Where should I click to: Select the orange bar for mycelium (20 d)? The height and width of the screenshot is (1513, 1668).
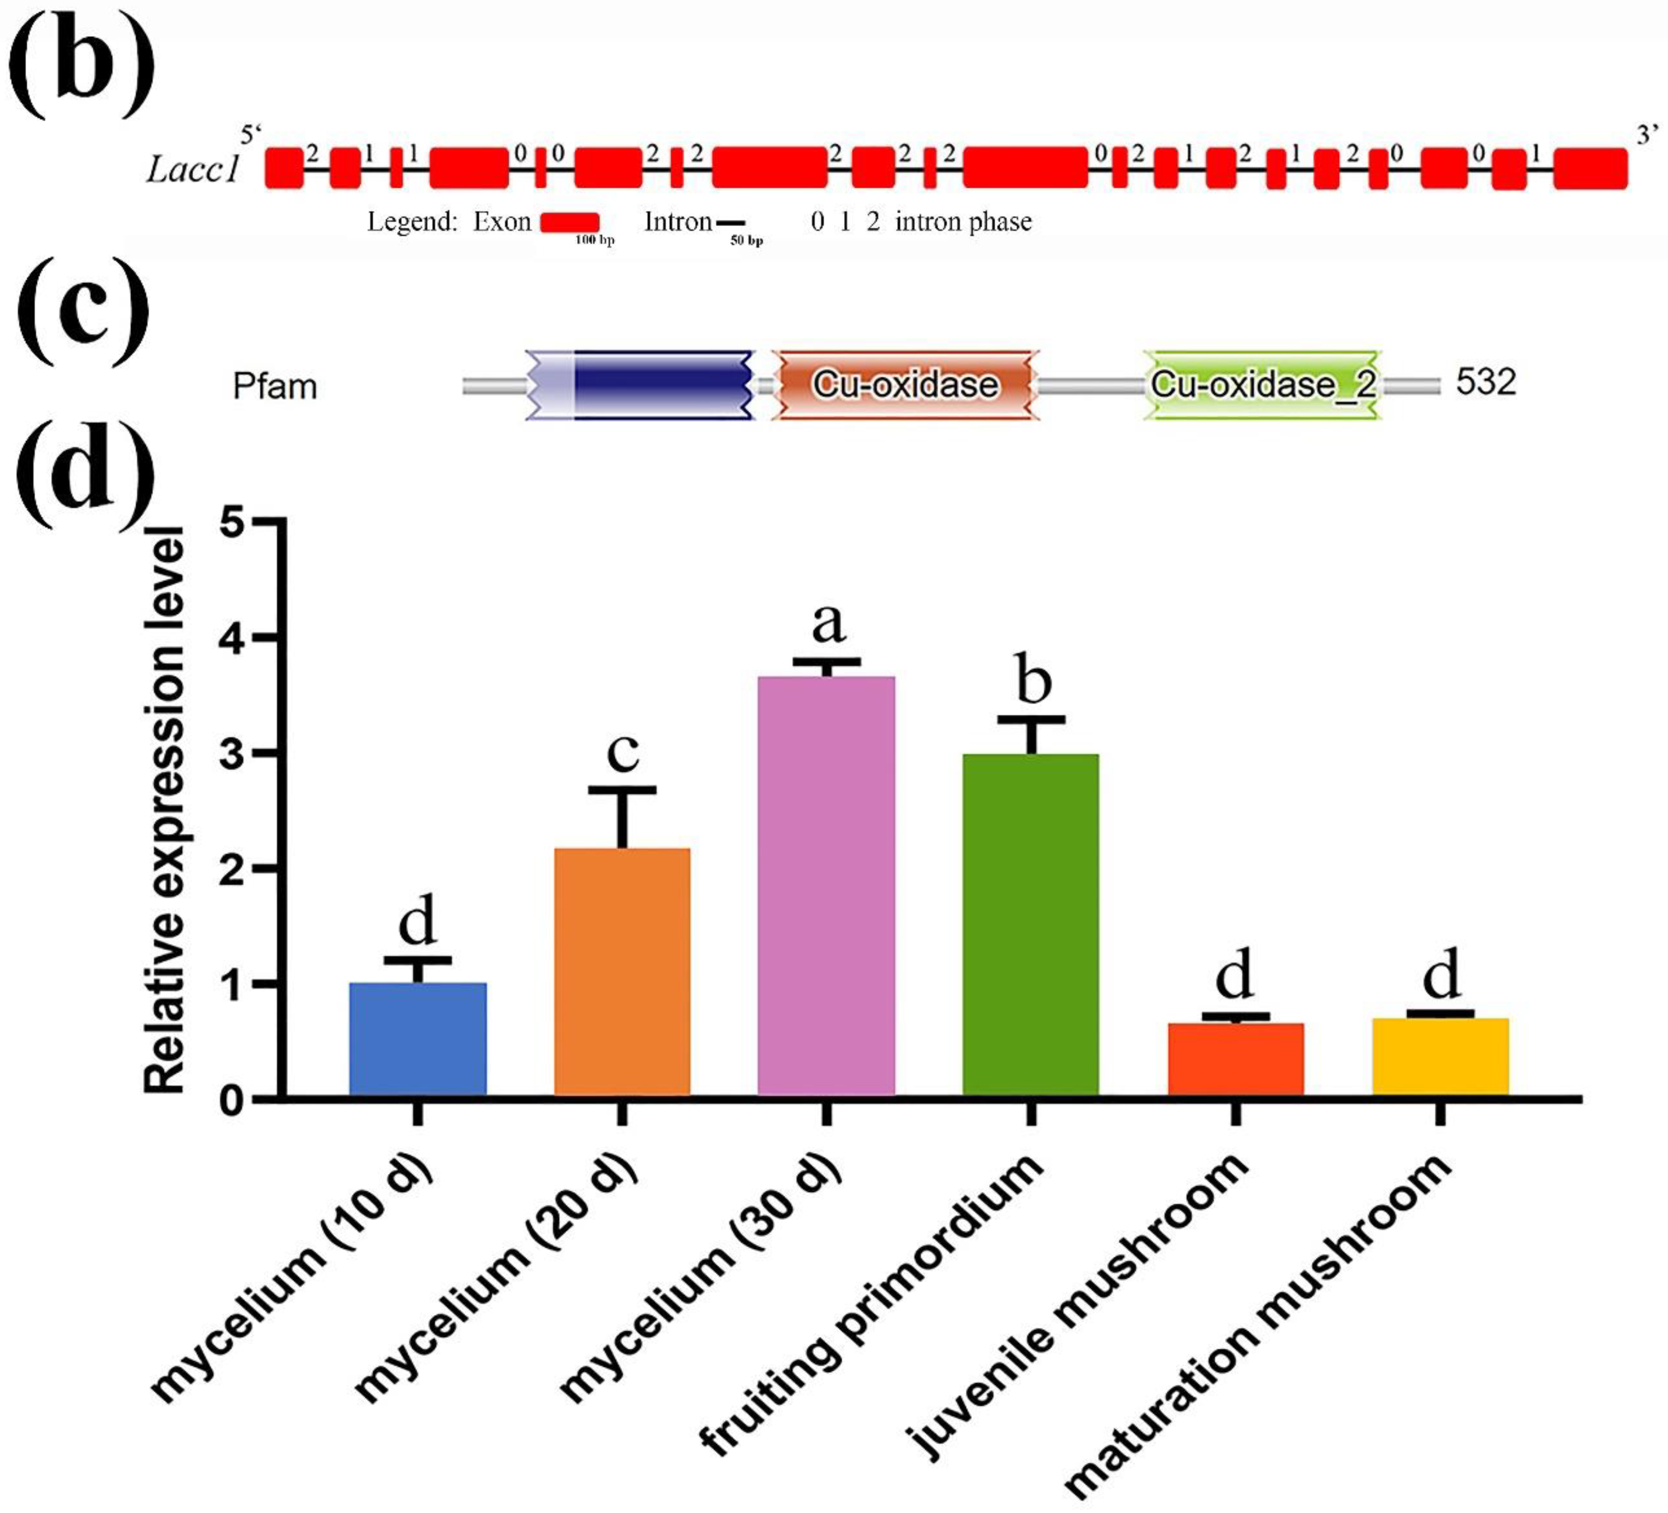pyautogui.click(x=622, y=973)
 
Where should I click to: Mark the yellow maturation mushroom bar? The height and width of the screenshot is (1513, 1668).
pyautogui.click(x=1440, y=1058)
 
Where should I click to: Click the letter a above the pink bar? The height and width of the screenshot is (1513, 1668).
pyautogui.click(x=828, y=623)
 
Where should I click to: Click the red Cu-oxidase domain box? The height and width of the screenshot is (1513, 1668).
pyautogui.click(x=905, y=385)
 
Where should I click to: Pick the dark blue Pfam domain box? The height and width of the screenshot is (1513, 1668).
pyautogui.click(x=662, y=385)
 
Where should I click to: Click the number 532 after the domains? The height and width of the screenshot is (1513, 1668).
pyautogui.click(x=1486, y=382)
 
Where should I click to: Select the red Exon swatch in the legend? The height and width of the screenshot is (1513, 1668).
pyautogui.click(x=570, y=222)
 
